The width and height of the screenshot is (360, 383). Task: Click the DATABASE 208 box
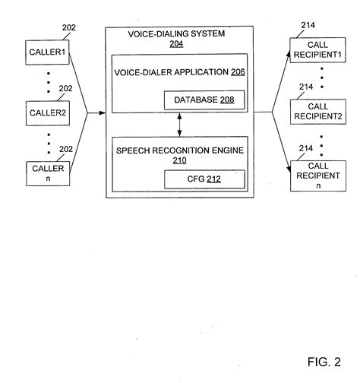click(x=203, y=100)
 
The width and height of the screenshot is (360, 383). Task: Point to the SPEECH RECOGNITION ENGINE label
click(x=179, y=151)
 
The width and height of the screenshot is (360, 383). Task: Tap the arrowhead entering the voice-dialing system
click(x=101, y=113)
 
